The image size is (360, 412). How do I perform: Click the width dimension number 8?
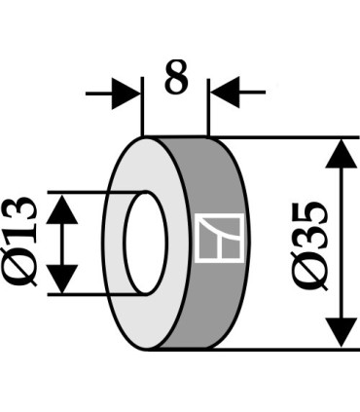click(x=175, y=79)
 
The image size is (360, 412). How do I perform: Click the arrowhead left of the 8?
click(x=128, y=94)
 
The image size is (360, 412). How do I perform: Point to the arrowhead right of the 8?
click(x=222, y=94)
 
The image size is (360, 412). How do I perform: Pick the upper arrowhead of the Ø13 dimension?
click(x=63, y=206)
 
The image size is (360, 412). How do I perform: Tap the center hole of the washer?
click(x=141, y=243)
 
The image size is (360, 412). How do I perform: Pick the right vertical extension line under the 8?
click(x=207, y=112)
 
